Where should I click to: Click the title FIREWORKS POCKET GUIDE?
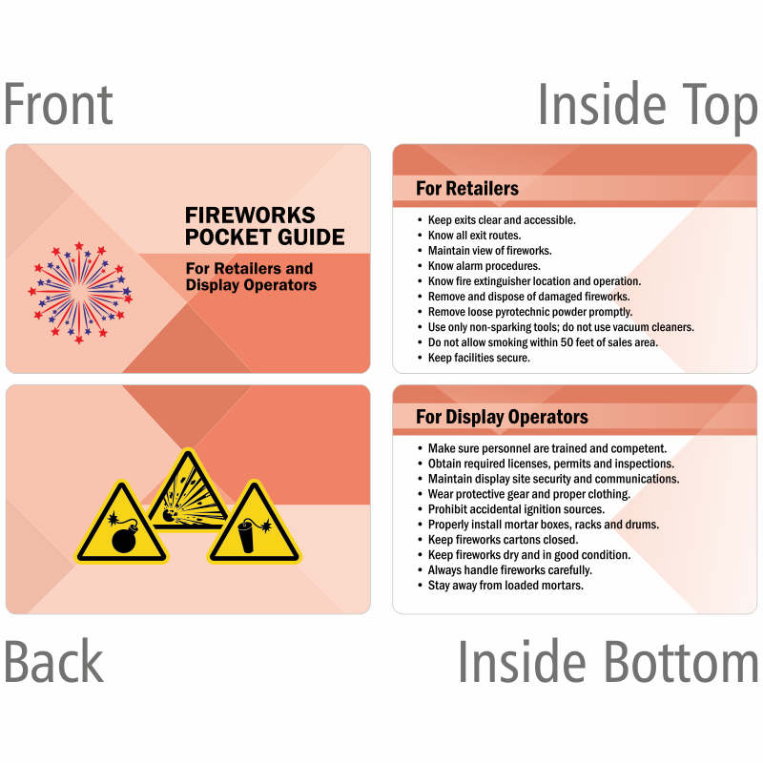[x=265, y=226]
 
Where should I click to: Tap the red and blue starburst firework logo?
[x=80, y=292]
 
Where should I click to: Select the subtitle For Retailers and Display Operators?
[x=251, y=277]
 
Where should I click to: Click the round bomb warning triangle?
[x=122, y=522]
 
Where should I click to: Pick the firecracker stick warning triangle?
[x=255, y=522]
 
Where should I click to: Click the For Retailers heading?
[x=467, y=188]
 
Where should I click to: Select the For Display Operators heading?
[x=502, y=417]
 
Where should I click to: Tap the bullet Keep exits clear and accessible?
[x=502, y=220]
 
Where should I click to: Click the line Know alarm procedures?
[x=485, y=266]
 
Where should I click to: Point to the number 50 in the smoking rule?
[x=567, y=342]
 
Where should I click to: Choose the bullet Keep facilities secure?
[x=479, y=358]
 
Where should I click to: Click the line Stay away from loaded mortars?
[x=505, y=585]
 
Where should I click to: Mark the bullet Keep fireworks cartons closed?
[x=504, y=539]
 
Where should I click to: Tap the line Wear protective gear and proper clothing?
[x=529, y=494]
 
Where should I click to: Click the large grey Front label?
[x=58, y=104]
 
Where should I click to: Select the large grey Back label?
[x=53, y=661]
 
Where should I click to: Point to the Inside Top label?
[x=648, y=106]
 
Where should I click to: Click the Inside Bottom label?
[x=608, y=661]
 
